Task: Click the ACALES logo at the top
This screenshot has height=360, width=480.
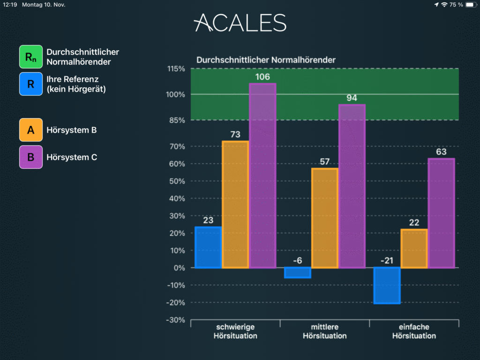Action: click(240, 22)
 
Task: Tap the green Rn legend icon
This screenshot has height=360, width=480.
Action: click(31, 57)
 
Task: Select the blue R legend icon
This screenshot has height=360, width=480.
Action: click(31, 84)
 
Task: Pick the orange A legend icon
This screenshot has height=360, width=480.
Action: click(31, 130)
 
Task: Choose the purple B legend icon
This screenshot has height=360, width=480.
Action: click(31, 157)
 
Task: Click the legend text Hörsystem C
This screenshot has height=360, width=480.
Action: click(72, 157)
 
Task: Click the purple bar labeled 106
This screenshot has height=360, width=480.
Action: click(262, 176)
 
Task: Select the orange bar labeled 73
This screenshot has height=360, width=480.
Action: click(235, 204)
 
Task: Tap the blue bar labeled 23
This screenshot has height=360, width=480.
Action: click(208, 247)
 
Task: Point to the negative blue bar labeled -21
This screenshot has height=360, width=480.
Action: click(387, 285)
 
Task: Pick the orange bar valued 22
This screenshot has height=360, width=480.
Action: click(414, 248)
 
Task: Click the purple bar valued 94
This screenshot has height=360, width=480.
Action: click(352, 187)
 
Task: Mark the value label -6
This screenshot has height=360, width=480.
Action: click(298, 261)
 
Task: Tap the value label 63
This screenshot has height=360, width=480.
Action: click(441, 152)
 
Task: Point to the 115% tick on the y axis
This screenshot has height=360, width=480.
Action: click(176, 68)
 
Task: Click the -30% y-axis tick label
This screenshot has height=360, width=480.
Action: click(175, 320)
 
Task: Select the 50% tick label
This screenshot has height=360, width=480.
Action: click(177, 181)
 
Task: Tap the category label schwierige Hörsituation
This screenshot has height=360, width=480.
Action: click(235, 331)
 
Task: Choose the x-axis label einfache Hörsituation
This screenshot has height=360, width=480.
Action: click(414, 331)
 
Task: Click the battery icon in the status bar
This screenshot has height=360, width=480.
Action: click(471, 5)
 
